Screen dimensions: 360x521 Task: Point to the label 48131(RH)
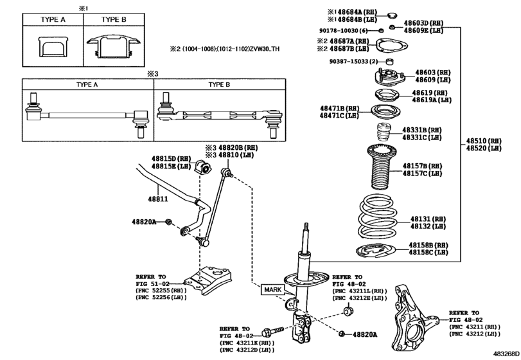point(428,219)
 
